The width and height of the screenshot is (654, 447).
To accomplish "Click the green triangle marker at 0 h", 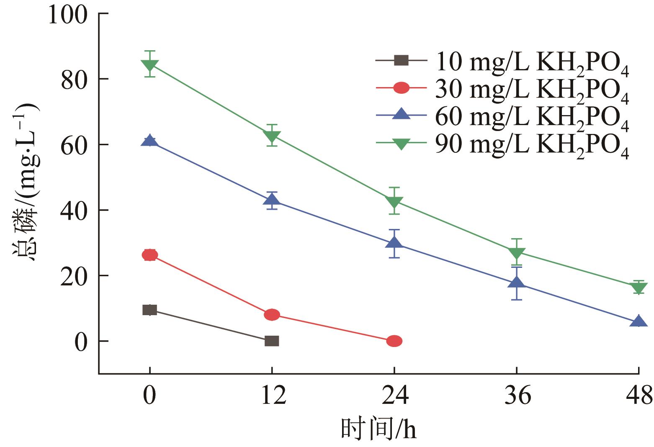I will point(149,65).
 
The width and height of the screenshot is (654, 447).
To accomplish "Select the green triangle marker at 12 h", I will point(272,136).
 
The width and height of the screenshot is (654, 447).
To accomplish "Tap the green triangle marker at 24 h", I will point(394,202).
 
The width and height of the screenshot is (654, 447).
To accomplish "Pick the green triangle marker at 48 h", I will point(639,288).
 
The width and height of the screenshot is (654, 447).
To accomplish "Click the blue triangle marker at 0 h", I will point(149,141).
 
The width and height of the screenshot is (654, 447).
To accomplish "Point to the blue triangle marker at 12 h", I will point(272,200).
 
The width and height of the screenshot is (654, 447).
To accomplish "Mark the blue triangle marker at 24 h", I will point(394,243).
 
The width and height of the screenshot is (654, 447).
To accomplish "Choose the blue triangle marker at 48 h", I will point(639,321).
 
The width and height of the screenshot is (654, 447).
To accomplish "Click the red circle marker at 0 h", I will point(149,255).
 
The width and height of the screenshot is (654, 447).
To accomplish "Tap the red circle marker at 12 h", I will point(272,314).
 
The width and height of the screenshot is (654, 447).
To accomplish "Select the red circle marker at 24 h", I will point(394,341).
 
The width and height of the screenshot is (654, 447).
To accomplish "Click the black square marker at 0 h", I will point(149,310).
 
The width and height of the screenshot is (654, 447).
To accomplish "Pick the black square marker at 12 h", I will point(272,341).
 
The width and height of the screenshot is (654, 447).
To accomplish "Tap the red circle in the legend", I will point(401,88).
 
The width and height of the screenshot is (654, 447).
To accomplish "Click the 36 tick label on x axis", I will point(517,396).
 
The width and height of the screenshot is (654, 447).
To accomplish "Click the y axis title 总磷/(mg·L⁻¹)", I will point(25,182).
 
